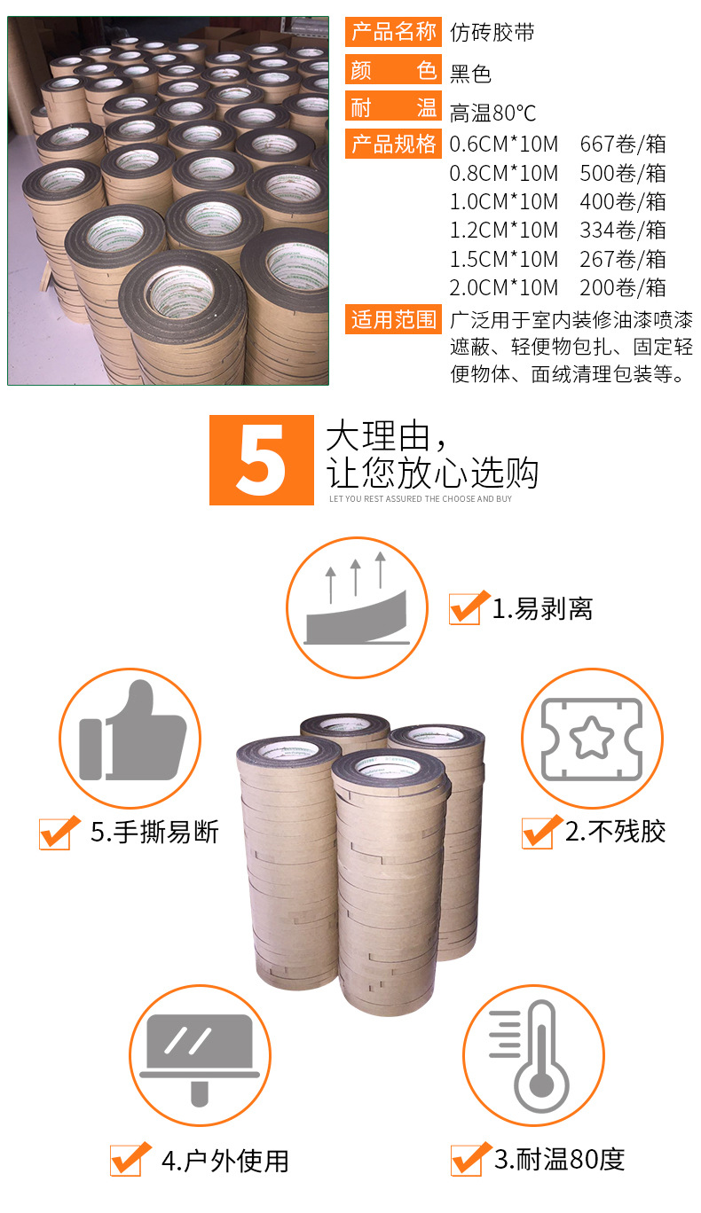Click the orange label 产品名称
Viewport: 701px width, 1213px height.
(x=393, y=33)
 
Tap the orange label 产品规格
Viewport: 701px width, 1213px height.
(x=393, y=144)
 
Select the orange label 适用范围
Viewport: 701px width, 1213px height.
(x=393, y=319)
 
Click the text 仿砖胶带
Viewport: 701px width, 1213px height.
(x=492, y=34)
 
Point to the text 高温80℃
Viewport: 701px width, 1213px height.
(x=492, y=113)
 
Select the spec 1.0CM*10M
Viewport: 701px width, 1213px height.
(x=504, y=202)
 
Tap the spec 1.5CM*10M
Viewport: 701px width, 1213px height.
(x=504, y=259)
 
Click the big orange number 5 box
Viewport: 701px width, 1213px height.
(x=262, y=460)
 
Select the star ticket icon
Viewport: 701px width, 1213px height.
(x=591, y=739)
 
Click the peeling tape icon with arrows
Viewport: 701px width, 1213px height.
(x=357, y=607)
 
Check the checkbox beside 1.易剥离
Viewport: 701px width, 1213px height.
(x=466, y=608)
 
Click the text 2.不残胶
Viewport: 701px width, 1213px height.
(x=615, y=832)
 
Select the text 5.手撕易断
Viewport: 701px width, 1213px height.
(x=154, y=832)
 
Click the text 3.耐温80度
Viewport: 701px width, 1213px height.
(x=559, y=1159)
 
